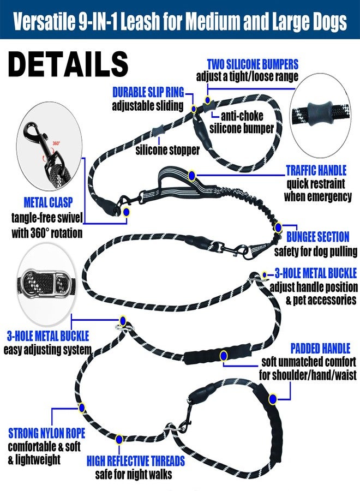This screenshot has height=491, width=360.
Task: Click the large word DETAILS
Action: click(68, 64)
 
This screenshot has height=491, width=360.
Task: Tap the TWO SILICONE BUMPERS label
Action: click(253, 64)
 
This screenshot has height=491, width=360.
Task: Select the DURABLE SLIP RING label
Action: click(148, 92)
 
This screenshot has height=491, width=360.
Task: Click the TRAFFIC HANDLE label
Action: click(316, 170)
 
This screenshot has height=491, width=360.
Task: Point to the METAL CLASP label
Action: click(48, 202)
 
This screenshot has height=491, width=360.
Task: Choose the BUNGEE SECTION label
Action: click(318, 237)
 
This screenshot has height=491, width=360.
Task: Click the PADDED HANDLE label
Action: click(320, 349)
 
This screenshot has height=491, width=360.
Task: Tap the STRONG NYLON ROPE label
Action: click(47, 433)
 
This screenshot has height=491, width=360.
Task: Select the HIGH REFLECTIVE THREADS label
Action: click(136, 461)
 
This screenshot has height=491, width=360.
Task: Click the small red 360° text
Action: click(56, 143)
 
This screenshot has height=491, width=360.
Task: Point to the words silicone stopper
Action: click(167, 150)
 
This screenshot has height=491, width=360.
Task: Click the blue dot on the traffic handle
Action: click(192, 176)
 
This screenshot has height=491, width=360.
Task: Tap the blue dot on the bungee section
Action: click(278, 227)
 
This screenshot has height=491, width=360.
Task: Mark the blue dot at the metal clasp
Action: click(126, 212)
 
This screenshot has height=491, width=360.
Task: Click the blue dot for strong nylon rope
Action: click(82, 408)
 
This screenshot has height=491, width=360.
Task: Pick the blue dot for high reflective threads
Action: click(119, 439)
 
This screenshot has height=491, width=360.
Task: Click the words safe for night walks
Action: click(134, 474)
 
